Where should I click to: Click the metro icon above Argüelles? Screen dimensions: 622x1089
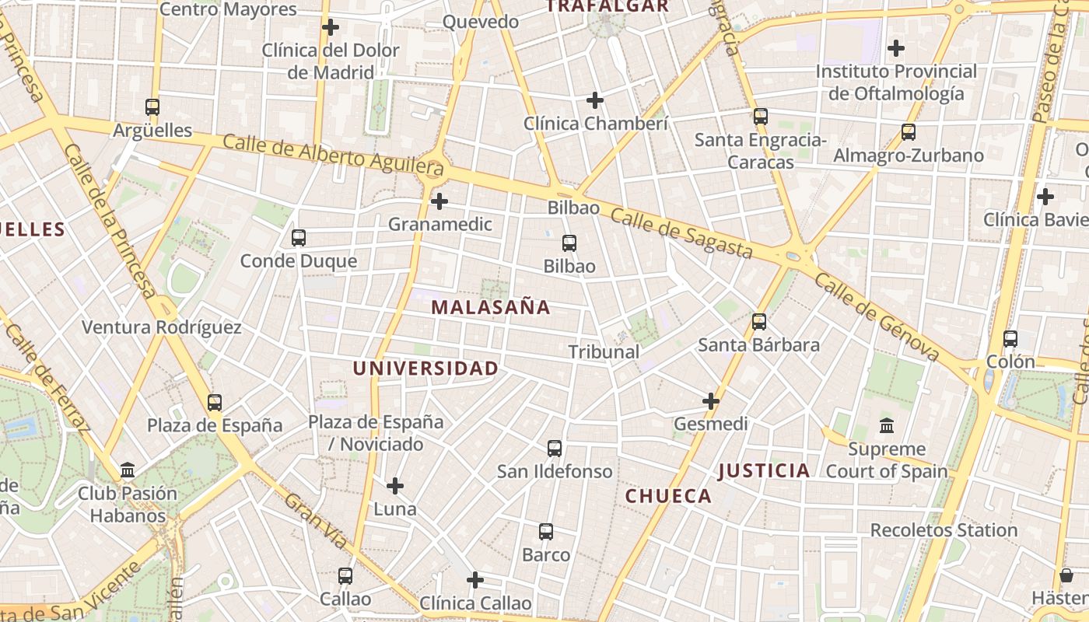click(x=152, y=107)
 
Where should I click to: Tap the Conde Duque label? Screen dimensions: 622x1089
click(x=299, y=260)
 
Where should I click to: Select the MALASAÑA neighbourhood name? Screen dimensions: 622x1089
click(x=491, y=307)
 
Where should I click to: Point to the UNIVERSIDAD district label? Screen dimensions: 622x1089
click(x=425, y=369)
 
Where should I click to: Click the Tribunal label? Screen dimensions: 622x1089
click(x=604, y=351)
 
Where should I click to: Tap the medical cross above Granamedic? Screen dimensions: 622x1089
click(x=439, y=201)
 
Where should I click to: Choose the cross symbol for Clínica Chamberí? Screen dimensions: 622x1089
click(x=595, y=100)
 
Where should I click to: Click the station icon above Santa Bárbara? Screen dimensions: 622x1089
click(x=759, y=321)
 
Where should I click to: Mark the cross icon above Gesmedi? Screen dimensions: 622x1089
click(x=711, y=401)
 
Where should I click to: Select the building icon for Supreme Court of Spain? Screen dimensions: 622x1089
click(x=887, y=426)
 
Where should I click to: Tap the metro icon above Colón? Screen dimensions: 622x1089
click(x=1010, y=339)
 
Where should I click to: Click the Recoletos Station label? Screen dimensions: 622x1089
click(x=944, y=530)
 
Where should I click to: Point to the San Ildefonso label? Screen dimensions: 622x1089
click(x=555, y=471)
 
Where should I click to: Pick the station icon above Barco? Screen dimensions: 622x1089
click(x=546, y=532)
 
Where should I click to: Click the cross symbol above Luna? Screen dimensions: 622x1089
click(x=395, y=486)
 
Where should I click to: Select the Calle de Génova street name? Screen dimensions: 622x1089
click(x=877, y=316)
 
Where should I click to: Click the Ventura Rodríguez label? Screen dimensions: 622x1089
click(x=162, y=327)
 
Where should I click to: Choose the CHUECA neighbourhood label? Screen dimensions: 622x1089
click(x=669, y=496)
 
